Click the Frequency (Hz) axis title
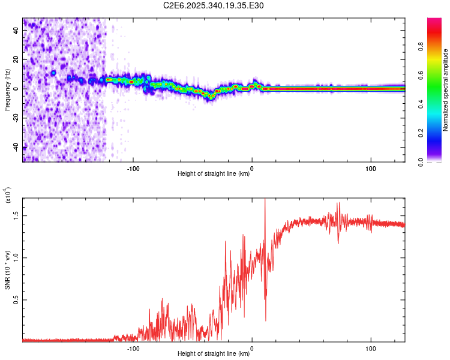pos(7,90)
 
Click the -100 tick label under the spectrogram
pos(133,168)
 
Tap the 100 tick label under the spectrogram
pos(371,168)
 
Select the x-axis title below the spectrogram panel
pos(214,174)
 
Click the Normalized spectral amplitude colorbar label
pos(446,90)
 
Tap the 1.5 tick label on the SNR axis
pos(16,215)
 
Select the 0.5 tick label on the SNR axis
pos(16,299)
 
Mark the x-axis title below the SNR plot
pos(214,354)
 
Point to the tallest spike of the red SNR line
pos(265,200)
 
